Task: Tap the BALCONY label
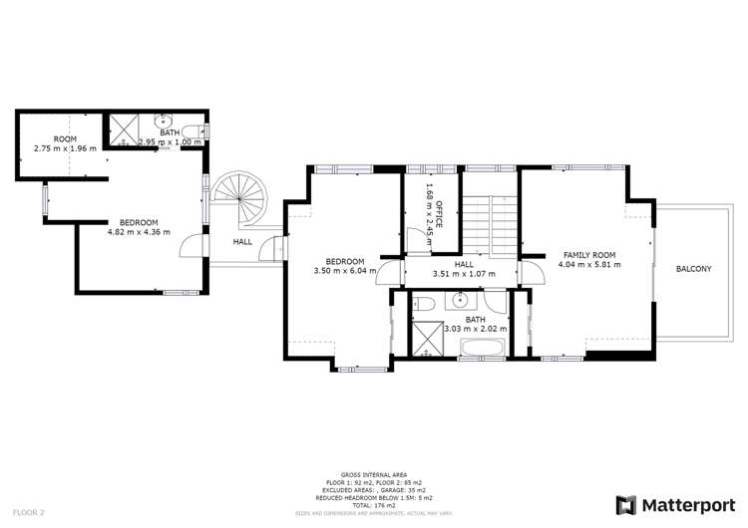click(692, 269)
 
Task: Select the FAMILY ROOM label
click(589, 254)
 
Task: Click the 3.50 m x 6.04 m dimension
click(342, 270)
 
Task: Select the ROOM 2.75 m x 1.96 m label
click(65, 143)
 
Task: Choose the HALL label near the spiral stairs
click(242, 241)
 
